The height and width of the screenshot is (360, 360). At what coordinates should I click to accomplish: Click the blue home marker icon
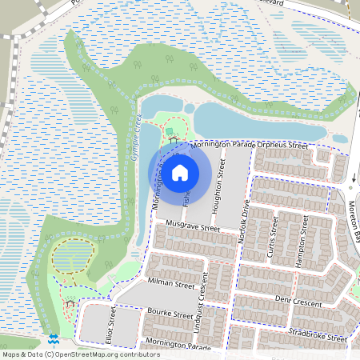point(180,172)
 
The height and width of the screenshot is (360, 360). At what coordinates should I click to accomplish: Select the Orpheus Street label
point(288,146)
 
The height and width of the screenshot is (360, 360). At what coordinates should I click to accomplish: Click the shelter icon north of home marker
point(173,141)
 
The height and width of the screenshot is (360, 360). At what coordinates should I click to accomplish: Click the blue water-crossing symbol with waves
point(53,339)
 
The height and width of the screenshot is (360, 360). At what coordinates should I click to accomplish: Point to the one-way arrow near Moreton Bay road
point(353,177)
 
